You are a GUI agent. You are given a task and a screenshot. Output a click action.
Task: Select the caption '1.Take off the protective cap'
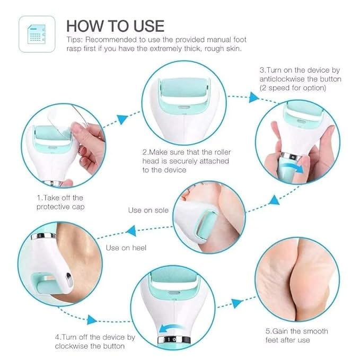(x=60, y=202)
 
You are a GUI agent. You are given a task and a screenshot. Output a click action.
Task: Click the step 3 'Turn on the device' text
(x=300, y=79)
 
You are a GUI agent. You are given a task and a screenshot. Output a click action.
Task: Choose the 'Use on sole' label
(x=148, y=210)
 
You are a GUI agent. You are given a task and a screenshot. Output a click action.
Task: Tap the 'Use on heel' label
(x=126, y=248)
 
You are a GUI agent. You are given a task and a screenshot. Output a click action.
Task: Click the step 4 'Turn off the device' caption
(x=95, y=341)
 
